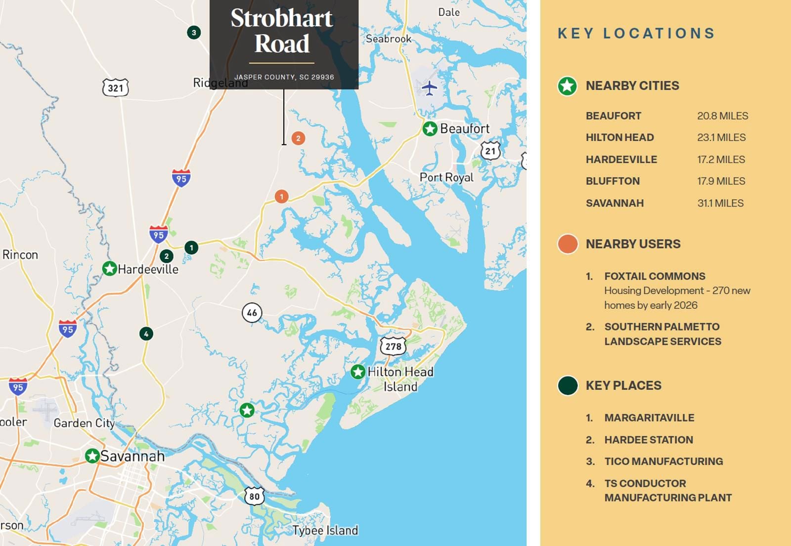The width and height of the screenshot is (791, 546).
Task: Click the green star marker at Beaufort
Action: [430, 129]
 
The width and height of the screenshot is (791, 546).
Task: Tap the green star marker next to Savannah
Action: [92, 456]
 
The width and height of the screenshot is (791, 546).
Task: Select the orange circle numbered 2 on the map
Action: [298, 138]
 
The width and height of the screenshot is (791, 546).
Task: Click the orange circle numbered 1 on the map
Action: [282, 197]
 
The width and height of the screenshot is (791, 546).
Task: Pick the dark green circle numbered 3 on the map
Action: [194, 33]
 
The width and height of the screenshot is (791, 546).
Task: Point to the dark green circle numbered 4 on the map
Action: [146, 334]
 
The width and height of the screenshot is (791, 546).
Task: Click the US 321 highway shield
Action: [115, 88]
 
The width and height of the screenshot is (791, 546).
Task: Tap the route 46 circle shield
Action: [252, 313]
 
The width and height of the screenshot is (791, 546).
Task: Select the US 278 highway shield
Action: [393, 346]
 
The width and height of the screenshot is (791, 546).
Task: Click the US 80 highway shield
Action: [254, 496]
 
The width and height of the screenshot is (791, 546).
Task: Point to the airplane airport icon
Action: [429, 88]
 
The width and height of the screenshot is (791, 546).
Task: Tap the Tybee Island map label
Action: [325, 531]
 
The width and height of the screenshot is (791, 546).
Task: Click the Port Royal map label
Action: [446, 177]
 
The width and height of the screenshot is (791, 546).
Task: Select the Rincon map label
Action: [20, 255]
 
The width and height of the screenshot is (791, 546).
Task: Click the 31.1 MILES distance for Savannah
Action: [720, 203]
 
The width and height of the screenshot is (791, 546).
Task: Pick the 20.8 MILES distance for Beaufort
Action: [722, 116]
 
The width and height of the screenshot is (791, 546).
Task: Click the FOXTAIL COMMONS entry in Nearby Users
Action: [655, 276]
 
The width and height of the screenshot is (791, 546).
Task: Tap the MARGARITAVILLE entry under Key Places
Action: [649, 418]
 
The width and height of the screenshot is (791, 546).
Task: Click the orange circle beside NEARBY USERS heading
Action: [568, 244]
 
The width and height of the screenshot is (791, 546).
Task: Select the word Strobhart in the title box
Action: [282, 19]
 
